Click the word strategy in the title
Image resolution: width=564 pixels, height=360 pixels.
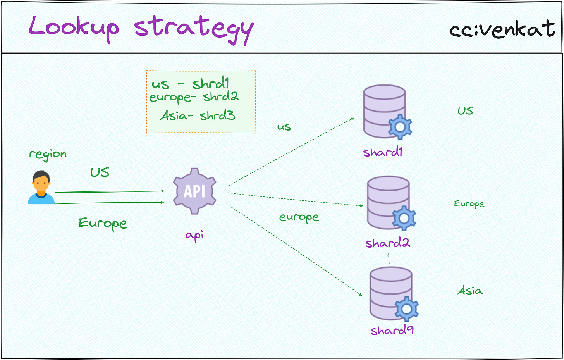(x=194, y=29)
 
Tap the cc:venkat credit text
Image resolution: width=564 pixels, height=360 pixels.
(x=502, y=29)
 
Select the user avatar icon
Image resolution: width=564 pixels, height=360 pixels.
(x=41, y=188)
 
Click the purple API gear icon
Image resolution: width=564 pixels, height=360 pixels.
(x=194, y=191)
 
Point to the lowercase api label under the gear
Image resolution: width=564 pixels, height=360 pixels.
(x=194, y=235)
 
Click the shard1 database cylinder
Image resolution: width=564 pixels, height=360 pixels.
(x=383, y=110)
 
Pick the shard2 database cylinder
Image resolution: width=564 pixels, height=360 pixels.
(x=387, y=202)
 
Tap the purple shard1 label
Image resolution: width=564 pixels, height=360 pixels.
(x=383, y=152)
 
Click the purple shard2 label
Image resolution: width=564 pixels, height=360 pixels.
(x=387, y=243)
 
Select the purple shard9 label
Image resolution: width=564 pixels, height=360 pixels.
(x=392, y=331)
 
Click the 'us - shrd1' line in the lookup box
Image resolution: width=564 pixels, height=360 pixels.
(x=191, y=84)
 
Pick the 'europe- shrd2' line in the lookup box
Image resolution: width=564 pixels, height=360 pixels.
(x=194, y=97)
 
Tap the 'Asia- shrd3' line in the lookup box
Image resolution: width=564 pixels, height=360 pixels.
(x=198, y=115)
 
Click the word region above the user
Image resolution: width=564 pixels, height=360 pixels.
(x=48, y=154)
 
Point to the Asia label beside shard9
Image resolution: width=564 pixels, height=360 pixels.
(x=470, y=291)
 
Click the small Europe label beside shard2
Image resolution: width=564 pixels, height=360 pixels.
(x=469, y=204)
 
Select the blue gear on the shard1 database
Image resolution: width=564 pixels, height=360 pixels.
(x=400, y=127)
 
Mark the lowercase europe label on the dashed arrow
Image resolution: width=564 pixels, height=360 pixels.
(x=299, y=217)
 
